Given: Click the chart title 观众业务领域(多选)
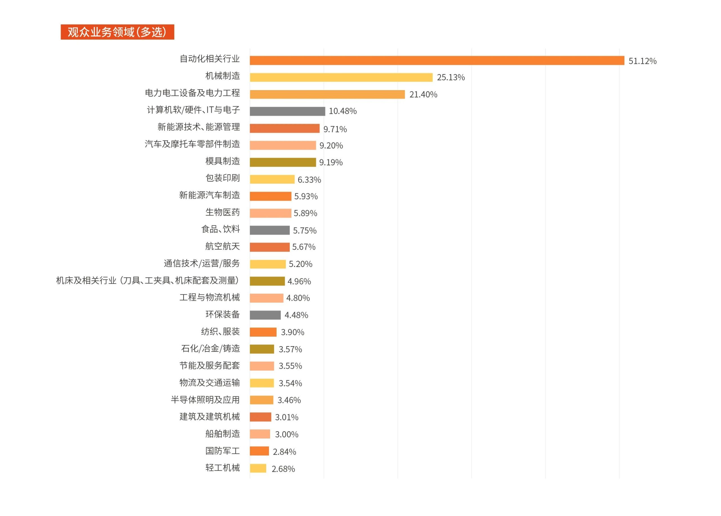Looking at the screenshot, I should [x=117, y=32].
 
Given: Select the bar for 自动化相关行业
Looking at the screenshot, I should [x=437, y=60].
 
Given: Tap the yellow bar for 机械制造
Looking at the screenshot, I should [x=341, y=77].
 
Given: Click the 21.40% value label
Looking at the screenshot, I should [x=423, y=94].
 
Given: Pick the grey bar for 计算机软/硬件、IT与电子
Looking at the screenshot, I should [x=287, y=111].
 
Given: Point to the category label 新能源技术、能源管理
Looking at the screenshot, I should [x=199, y=127].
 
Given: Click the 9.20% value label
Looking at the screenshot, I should [x=331, y=146].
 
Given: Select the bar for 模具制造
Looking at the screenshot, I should [x=282, y=162].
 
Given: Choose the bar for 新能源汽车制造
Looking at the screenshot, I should [x=270, y=196].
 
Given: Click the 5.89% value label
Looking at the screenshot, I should [x=305, y=213].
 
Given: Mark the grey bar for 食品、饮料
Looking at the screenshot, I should [x=269, y=230].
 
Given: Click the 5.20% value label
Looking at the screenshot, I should [x=300, y=264].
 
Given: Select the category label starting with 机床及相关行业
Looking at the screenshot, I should [x=147, y=281].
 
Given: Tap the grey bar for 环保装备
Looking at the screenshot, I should [x=265, y=315].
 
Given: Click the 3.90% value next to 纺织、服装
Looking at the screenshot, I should [x=292, y=332].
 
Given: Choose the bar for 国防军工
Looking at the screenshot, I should [x=259, y=451].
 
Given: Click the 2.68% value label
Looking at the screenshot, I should [x=283, y=469].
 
